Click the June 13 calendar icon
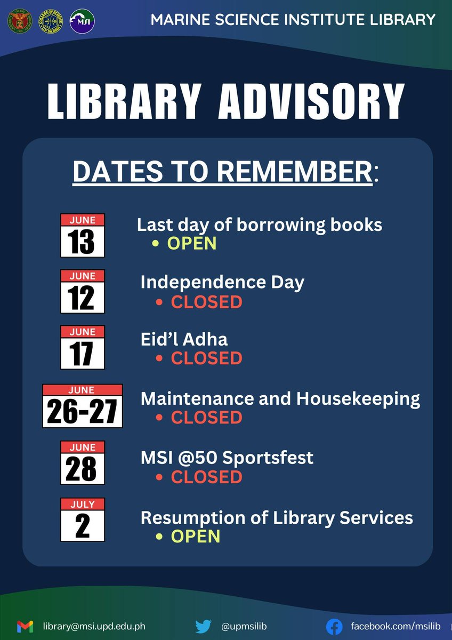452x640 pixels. (x=82, y=235)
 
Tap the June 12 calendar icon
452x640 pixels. (x=82, y=291)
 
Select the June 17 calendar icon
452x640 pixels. (x=82, y=347)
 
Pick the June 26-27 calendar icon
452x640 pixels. (x=83, y=406)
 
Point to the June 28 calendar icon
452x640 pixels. (x=82, y=462)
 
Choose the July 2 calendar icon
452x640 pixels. (x=82, y=519)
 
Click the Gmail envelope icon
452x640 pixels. (x=25, y=626)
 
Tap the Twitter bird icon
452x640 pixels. (x=203, y=626)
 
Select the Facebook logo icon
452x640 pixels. (x=334, y=626)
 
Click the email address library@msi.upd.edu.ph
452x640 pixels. (x=94, y=626)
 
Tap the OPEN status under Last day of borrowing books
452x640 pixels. (x=192, y=243)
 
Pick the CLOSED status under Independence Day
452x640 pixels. (x=206, y=302)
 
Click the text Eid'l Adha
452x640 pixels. (x=184, y=340)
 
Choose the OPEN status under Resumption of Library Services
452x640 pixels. (x=196, y=536)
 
